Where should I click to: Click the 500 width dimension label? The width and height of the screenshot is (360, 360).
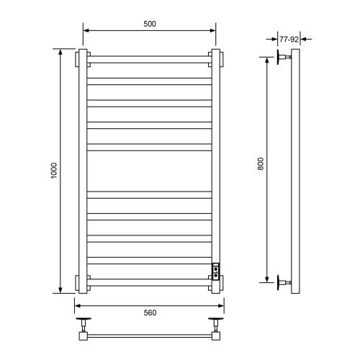150,24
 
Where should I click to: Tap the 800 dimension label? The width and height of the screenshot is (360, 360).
261,164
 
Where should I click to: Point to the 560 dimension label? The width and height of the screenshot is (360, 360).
150,312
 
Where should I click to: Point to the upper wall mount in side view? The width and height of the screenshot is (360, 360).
283,58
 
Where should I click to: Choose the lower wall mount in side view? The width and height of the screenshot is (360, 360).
283,280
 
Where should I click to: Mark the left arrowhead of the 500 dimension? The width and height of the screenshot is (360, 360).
86,30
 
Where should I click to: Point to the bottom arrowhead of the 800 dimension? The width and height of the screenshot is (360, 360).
268,277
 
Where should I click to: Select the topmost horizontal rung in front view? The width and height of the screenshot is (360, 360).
149,58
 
